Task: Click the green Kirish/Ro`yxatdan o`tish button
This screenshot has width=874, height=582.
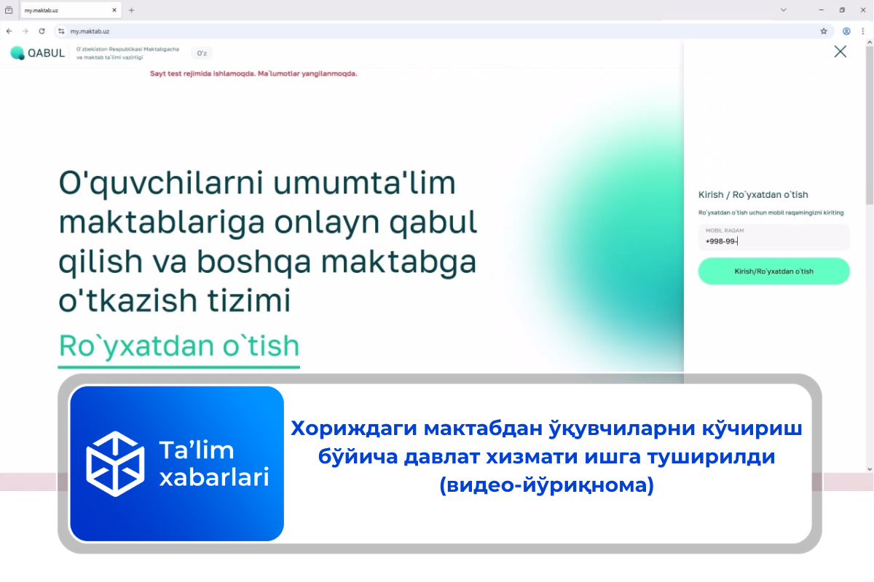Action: click(773, 271)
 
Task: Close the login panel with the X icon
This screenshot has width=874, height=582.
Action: click(840, 52)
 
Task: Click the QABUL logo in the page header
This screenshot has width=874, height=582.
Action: click(38, 52)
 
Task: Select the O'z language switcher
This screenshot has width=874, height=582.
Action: click(202, 52)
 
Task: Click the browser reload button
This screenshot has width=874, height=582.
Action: click(42, 31)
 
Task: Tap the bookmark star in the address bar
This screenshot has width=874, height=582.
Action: click(824, 31)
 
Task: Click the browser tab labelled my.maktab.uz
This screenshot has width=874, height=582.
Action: click(66, 10)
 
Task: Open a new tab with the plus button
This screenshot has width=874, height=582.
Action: click(131, 10)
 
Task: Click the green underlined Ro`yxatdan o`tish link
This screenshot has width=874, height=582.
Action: click(178, 345)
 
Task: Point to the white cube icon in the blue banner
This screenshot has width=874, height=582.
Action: click(116, 463)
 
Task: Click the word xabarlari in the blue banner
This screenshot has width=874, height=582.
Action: click(213, 477)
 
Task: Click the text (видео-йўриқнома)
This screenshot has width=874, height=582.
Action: click(546, 485)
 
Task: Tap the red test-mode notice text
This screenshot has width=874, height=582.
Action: click(253, 73)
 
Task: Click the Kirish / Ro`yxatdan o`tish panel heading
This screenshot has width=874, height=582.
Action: click(753, 194)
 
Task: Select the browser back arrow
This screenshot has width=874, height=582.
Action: click(9, 31)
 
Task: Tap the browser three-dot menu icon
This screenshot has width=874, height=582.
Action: click(863, 31)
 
